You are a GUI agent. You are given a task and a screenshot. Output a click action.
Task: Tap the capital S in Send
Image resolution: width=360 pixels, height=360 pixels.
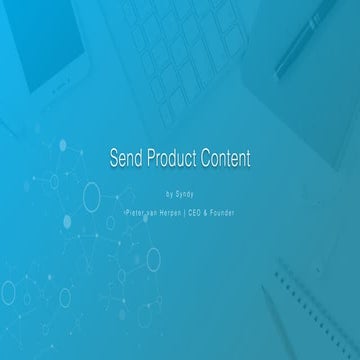(112, 158)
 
